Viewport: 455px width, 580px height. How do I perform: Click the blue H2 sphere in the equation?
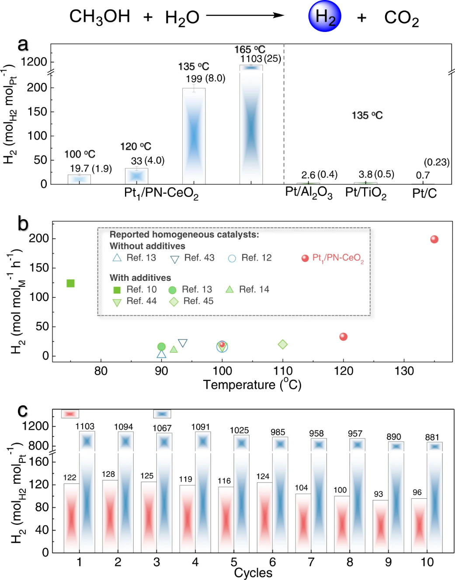point(324,17)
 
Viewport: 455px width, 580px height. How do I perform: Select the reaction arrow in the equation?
point(245,16)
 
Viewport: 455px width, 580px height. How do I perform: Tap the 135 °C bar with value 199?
point(194,136)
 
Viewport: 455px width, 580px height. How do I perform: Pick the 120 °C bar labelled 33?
point(136,176)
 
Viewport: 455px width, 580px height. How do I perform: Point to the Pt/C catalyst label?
point(424,193)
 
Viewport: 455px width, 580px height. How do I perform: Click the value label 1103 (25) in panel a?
point(260,59)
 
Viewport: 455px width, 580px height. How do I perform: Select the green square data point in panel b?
point(70,283)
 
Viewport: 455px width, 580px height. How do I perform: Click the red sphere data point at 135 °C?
point(434,239)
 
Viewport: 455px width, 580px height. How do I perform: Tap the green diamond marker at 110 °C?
point(283,345)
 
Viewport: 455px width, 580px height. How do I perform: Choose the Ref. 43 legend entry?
point(192,258)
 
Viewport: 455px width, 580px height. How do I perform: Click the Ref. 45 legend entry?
point(191,301)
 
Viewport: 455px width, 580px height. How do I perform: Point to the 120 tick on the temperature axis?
point(343,371)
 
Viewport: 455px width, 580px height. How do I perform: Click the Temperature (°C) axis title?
point(252,385)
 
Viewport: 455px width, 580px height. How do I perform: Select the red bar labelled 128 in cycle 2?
point(110,516)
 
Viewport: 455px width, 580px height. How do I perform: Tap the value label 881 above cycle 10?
point(432,437)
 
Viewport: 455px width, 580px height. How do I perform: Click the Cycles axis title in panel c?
point(253,573)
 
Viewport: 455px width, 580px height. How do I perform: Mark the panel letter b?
point(23,224)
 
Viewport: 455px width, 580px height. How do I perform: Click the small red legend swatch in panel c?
point(70,414)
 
